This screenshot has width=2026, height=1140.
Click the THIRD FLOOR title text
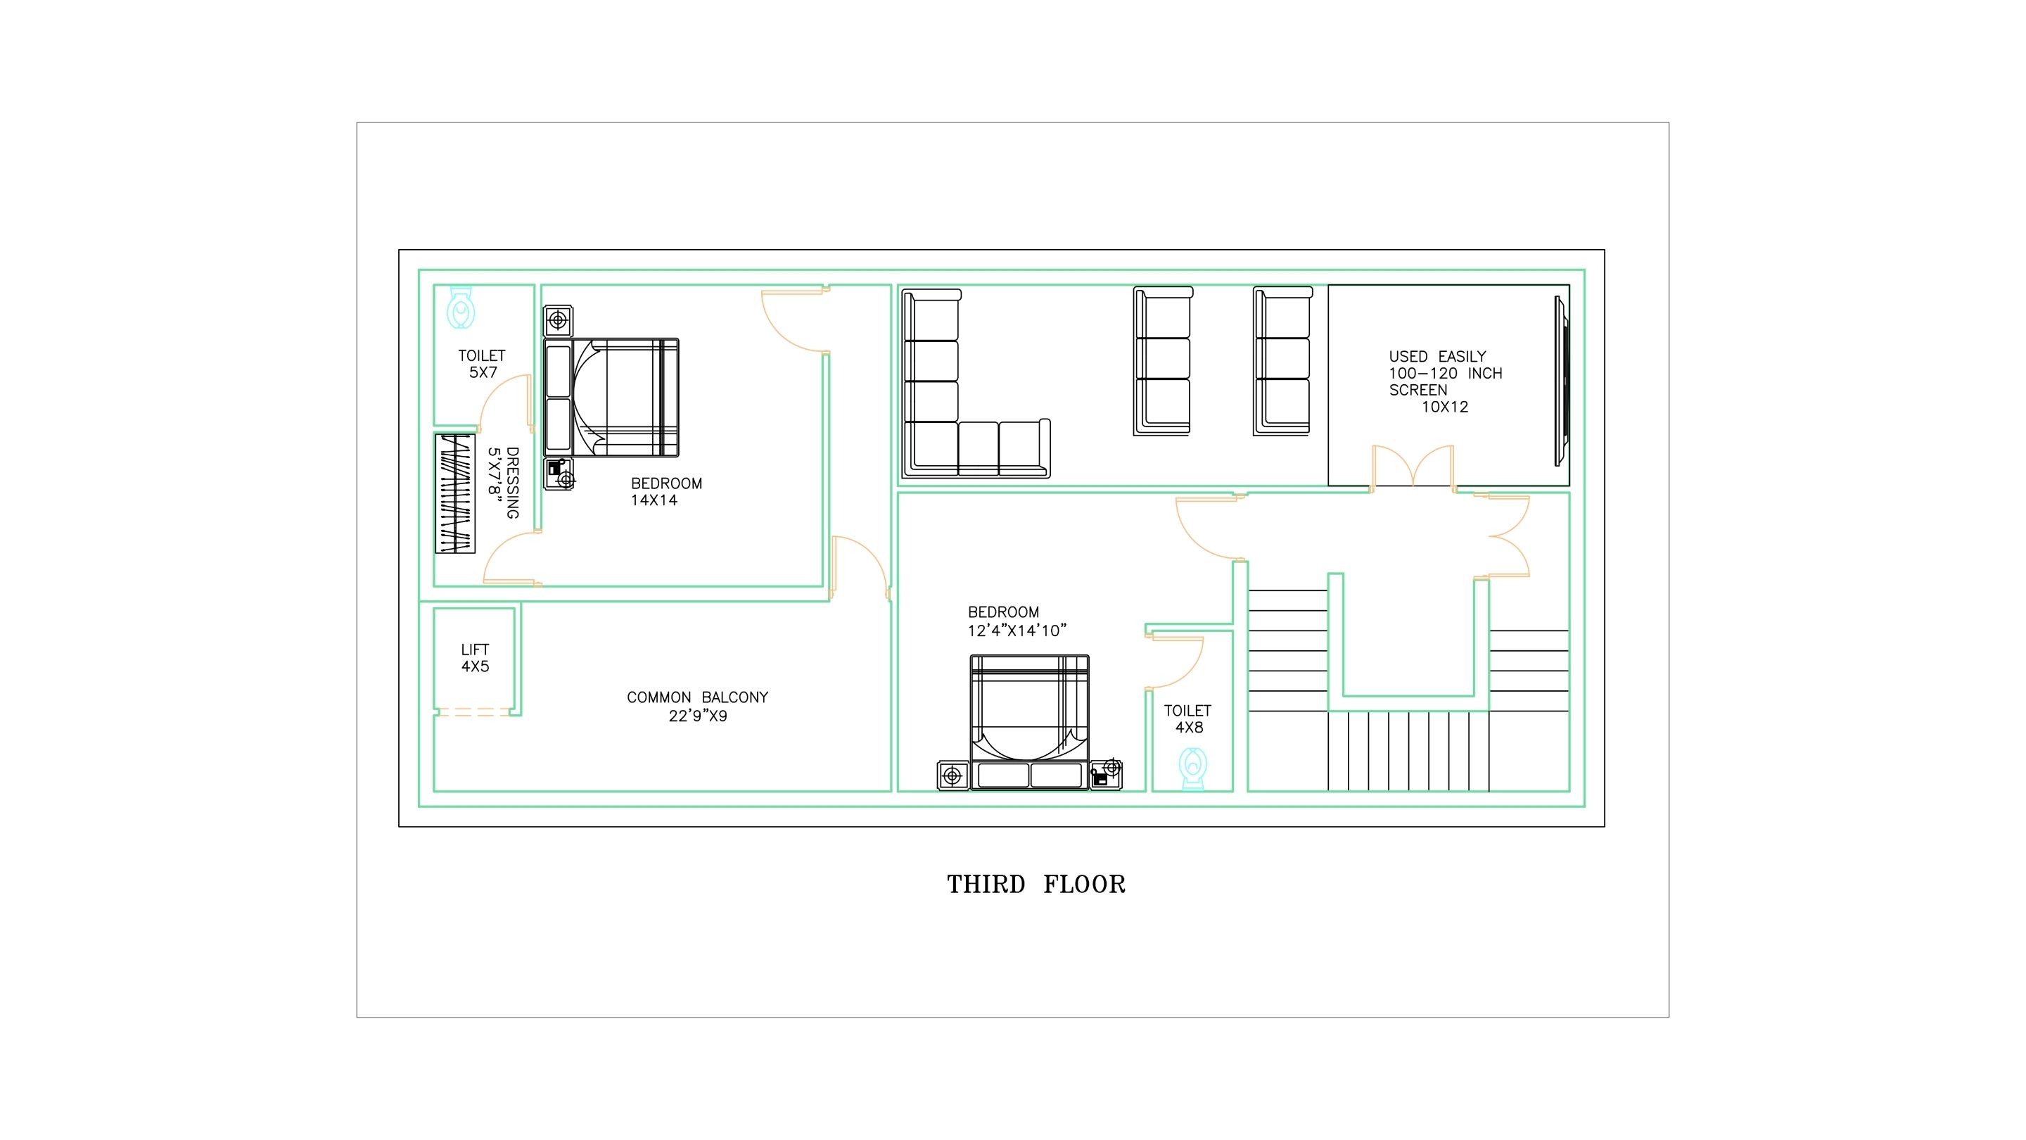coord(1036,885)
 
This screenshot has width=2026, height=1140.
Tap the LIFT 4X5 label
coord(475,658)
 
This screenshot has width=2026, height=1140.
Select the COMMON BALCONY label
coord(698,706)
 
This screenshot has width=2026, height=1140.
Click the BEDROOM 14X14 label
coord(666,492)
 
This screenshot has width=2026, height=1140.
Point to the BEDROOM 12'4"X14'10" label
coord(1017,621)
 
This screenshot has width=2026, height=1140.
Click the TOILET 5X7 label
coord(482,364)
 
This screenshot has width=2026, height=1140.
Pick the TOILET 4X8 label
coord(1187,719)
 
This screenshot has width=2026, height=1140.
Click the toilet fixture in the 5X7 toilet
coord(461,307)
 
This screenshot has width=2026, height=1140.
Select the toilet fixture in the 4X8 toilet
coord(1193,768)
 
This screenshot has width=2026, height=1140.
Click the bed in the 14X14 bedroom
coord(612,398)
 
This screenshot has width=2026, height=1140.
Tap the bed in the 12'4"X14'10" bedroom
coord(1029,721)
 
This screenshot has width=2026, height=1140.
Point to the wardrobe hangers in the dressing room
coord(455,493)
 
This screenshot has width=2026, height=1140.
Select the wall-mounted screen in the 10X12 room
coord(1561,380)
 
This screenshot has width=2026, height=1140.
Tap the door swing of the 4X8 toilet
coord(1175,662)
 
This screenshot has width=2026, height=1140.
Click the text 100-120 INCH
coord(1446,374)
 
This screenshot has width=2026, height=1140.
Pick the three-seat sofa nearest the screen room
coord(1282,360)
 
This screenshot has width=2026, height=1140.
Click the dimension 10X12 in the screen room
coord(1445,407)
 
